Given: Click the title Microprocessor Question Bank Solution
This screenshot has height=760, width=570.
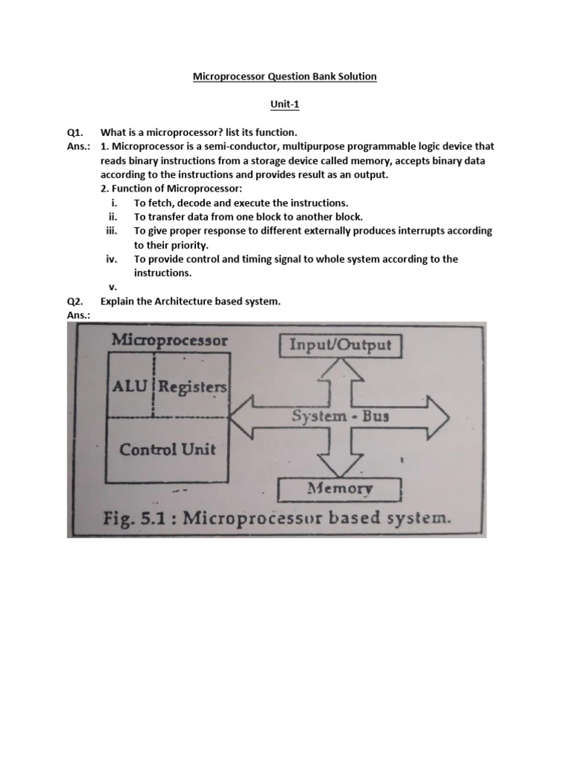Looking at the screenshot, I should point(285,76).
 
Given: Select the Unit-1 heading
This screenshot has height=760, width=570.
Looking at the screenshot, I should point(285,105).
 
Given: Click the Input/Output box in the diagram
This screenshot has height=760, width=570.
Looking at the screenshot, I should point(340,346).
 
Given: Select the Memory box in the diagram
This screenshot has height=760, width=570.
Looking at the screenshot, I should point(340,489).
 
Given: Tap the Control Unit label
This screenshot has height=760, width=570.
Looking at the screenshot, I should point(168,449).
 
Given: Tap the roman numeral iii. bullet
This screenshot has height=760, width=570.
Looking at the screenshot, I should point(112,231).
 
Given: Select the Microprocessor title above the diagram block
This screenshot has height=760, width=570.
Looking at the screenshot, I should point(170,341).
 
